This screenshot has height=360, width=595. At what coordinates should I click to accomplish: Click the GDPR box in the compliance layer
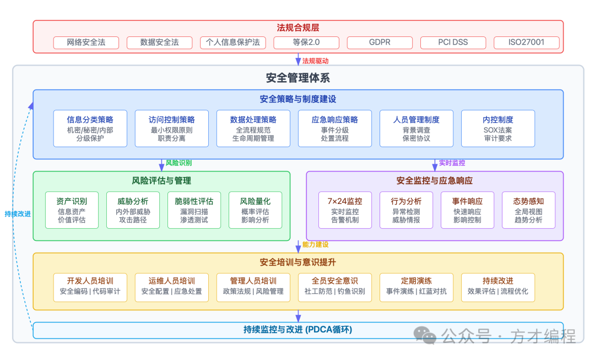pyautogui.click(x=380, y=42)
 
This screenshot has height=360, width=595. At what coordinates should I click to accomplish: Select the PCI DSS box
pyautogui.click(x=453, y=42)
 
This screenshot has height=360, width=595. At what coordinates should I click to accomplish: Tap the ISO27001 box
pyautogui.click(x=526, y=42)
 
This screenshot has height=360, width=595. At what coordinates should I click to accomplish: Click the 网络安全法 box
pyautogui.click(x=86, y=42)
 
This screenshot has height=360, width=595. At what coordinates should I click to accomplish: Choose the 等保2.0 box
pyautogui.click(x=306, y=42)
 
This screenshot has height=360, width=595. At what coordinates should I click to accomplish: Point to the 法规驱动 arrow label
pyautogui.click(x=315, y=61)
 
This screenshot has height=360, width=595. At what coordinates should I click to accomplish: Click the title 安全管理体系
pyautogui.click(x=297, y=78)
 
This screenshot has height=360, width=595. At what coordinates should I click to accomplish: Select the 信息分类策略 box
pyautogui.click(x=90, y=128)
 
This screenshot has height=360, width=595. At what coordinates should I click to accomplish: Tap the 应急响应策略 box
pyautogui.click(x=334, y=128)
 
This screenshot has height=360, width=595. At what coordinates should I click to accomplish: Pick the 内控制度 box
pyautogui.click(x=497, y=128)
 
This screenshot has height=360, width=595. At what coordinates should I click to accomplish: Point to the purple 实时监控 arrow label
pyautogui.click(x=452, y=163)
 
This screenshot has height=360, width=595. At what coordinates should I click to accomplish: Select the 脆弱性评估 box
pyautogui.click(x=194, y=210)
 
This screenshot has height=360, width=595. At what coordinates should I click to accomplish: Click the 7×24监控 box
pyautogui.click(x=344, y=210)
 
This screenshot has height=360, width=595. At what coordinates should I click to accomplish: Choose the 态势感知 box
pyautogui.click(x=528, y=210)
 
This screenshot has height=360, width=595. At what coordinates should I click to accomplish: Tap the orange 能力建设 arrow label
pyautogui.click(x=316, y=245)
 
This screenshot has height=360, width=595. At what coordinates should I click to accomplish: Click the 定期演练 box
pyautogui.click(x=416, y=287)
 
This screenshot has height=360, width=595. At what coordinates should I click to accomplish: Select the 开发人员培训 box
pyautogui.click(x=90, y=287)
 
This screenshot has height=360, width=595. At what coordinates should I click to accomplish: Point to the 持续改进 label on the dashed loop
pyautogui.click(x=17, y=214)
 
